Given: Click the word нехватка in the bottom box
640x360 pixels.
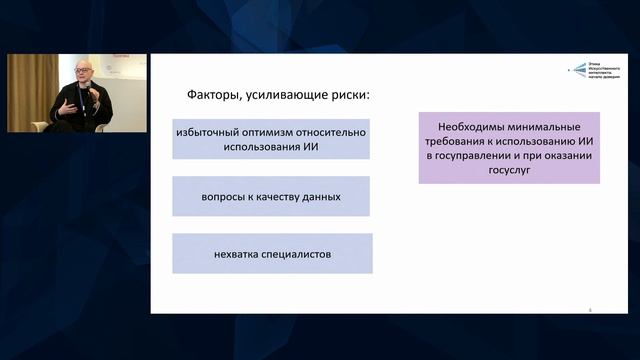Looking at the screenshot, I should (x=236, y=254).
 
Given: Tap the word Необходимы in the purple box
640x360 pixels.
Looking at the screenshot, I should (x=474, y=128).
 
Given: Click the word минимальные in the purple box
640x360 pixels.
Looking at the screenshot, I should (x=549, y=128).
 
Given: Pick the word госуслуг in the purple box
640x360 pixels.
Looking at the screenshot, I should (x=509, y=171).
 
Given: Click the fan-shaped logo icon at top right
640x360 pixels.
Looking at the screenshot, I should (x=578, y=70).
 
